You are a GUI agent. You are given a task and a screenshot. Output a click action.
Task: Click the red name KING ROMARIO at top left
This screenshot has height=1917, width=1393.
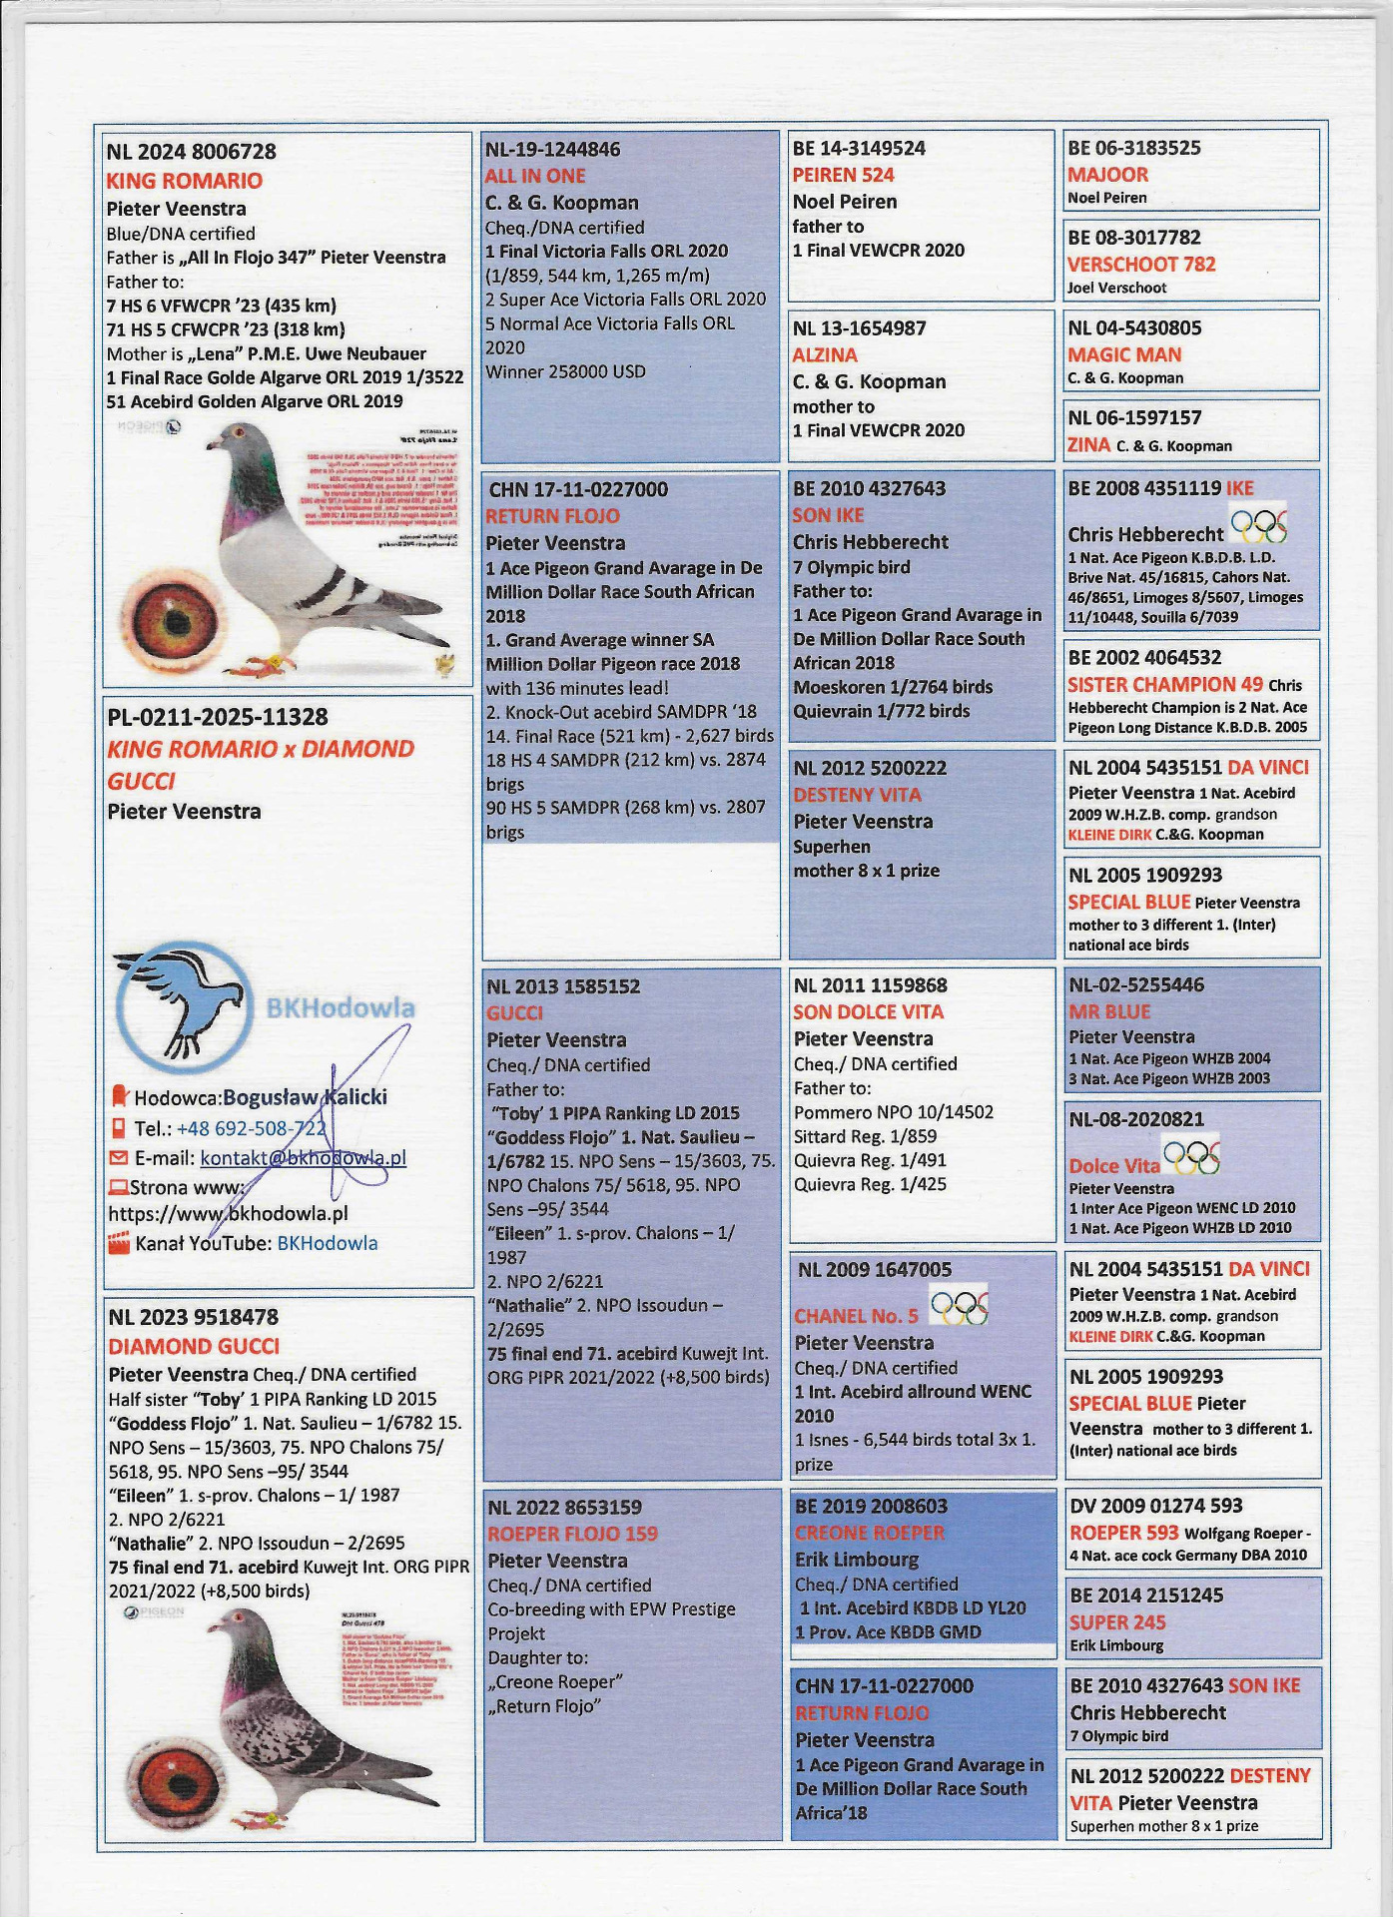[x=185, y=181]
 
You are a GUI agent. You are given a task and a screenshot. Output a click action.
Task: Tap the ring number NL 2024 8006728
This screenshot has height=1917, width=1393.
[x=191, y=152]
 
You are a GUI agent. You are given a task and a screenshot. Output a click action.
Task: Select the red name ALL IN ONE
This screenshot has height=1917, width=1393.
[x=535, y=176]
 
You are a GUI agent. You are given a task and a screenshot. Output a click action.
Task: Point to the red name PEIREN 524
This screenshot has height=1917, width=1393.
[x=843, y=175]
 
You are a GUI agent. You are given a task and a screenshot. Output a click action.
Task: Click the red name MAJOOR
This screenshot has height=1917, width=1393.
[x=1107, y=174]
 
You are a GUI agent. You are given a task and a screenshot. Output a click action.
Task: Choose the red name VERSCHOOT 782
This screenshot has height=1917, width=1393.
[x=1141, y=264]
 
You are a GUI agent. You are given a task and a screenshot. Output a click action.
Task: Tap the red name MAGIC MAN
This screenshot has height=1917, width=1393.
[x=1124, y=354]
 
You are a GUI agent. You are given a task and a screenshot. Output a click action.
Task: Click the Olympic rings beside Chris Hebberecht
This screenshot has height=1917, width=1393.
[x=1258, y=525]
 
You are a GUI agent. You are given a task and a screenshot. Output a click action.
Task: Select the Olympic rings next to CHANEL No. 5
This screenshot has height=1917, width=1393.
[x=959, y=1304]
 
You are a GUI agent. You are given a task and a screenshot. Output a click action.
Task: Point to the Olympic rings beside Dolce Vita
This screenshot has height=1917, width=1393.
[x=1192, y=1157]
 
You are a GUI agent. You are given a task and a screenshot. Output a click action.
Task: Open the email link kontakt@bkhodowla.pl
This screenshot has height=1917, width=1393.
[x=303, y=1158]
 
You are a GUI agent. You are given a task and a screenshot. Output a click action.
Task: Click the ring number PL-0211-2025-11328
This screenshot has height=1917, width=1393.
[x=218, y=717]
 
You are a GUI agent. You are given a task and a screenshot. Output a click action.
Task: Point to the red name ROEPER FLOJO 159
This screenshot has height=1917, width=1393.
[x=572, y=1534]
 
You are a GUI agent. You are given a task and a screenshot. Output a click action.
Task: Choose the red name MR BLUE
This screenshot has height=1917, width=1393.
[x=1109, y=1010]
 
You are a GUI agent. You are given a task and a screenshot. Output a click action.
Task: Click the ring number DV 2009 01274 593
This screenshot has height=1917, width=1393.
[x=1155, y=1506]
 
